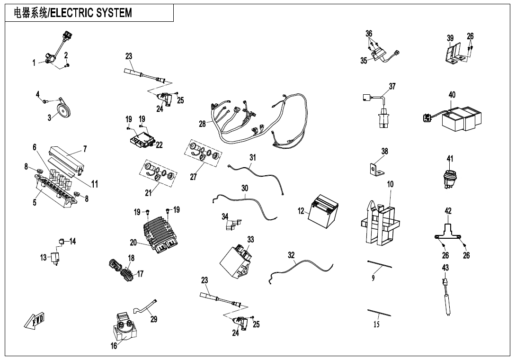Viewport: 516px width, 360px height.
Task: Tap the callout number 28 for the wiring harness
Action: coord(202,124)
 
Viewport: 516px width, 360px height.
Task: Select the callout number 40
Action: coord(452,95)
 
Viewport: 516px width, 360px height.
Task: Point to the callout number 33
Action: coord(250,240)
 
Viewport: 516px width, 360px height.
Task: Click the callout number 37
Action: coord(392,87)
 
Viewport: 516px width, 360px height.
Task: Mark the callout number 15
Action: coord(376,324)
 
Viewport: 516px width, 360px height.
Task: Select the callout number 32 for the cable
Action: coord(292,255)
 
